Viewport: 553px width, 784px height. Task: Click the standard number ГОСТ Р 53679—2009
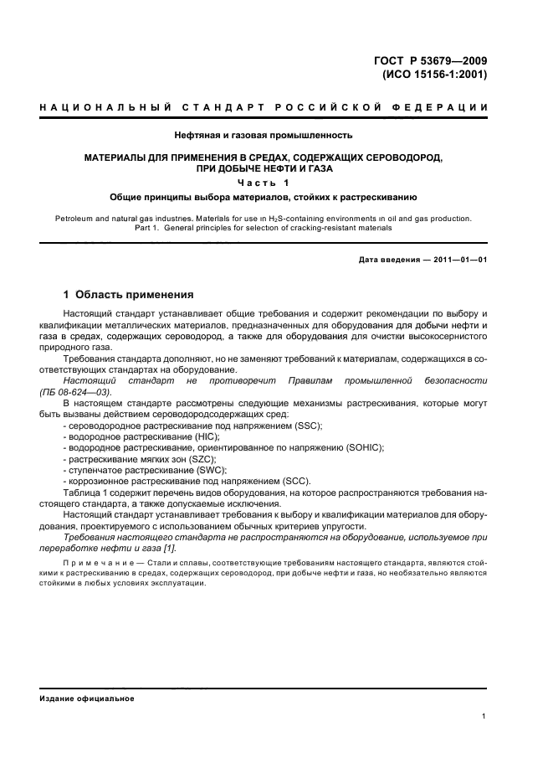[431, 59]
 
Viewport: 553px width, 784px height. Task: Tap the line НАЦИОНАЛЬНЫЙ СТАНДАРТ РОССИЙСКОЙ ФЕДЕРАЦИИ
[263, 106]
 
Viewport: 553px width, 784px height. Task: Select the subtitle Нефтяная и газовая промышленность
[263, 135]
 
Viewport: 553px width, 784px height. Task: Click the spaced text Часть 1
[263, 183]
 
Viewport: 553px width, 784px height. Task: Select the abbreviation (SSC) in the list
[307, 426]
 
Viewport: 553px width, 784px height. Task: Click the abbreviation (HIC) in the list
[205, 436]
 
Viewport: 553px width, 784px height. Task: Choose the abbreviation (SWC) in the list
[203, 469]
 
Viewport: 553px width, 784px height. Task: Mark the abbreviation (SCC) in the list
[294, 480]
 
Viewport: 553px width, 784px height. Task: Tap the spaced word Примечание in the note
[98, 564]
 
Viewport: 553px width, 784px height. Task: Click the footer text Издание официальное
[87, 698]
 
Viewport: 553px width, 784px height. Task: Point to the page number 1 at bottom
[484, 715]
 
